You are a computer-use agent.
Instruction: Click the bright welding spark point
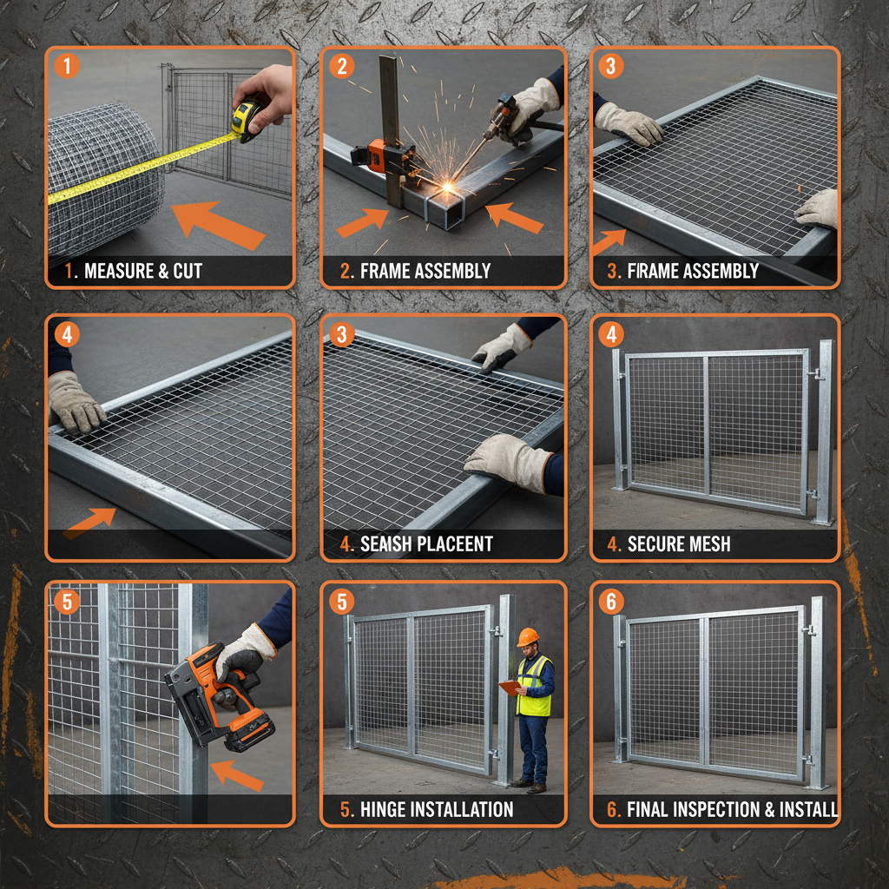tap(450, 186)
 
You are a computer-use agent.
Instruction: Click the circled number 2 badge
tap(342, 67)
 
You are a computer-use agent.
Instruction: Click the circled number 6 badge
tap(611, 602)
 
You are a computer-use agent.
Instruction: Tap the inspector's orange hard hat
tap(527, 636)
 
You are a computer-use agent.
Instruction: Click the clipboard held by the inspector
tap(510, 688)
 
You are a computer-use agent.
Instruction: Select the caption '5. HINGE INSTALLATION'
tap(426, 810)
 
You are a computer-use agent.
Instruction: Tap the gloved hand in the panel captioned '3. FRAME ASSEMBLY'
tap(629, 123)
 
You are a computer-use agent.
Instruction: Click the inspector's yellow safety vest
tap(533, 686)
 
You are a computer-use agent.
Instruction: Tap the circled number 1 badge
tap(67, 67)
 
